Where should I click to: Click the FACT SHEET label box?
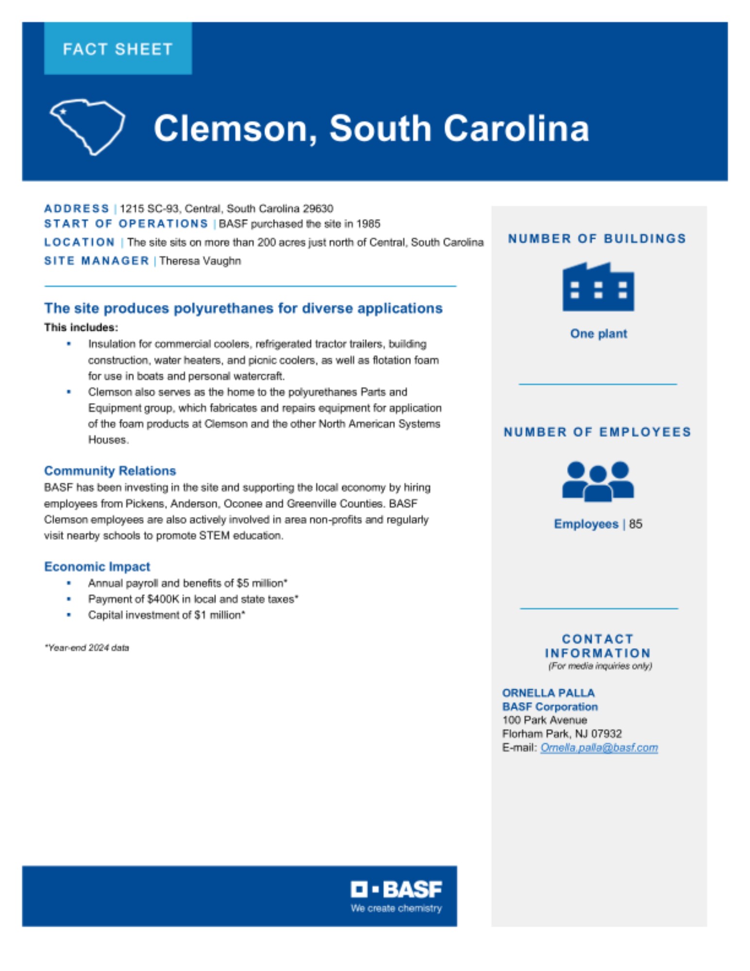click(118, 49)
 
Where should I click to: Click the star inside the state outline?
click(63, 111)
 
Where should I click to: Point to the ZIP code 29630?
click(318, 209)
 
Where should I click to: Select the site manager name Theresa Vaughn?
click(200, 261)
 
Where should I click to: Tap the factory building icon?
click(598, 287)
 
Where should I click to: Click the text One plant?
click(599, 334)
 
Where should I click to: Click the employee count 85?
click(635, 524)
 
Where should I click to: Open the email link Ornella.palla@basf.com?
click(599, 748)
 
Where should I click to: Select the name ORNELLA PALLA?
click(548, 693)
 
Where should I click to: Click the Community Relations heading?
click(110, 471)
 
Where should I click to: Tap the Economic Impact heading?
click(97, 567)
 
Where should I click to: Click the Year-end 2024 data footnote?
click(87, 648)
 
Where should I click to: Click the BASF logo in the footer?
click(396, 889)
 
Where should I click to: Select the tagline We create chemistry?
click(396, 908)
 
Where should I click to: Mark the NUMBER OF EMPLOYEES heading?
click(598, 432)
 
